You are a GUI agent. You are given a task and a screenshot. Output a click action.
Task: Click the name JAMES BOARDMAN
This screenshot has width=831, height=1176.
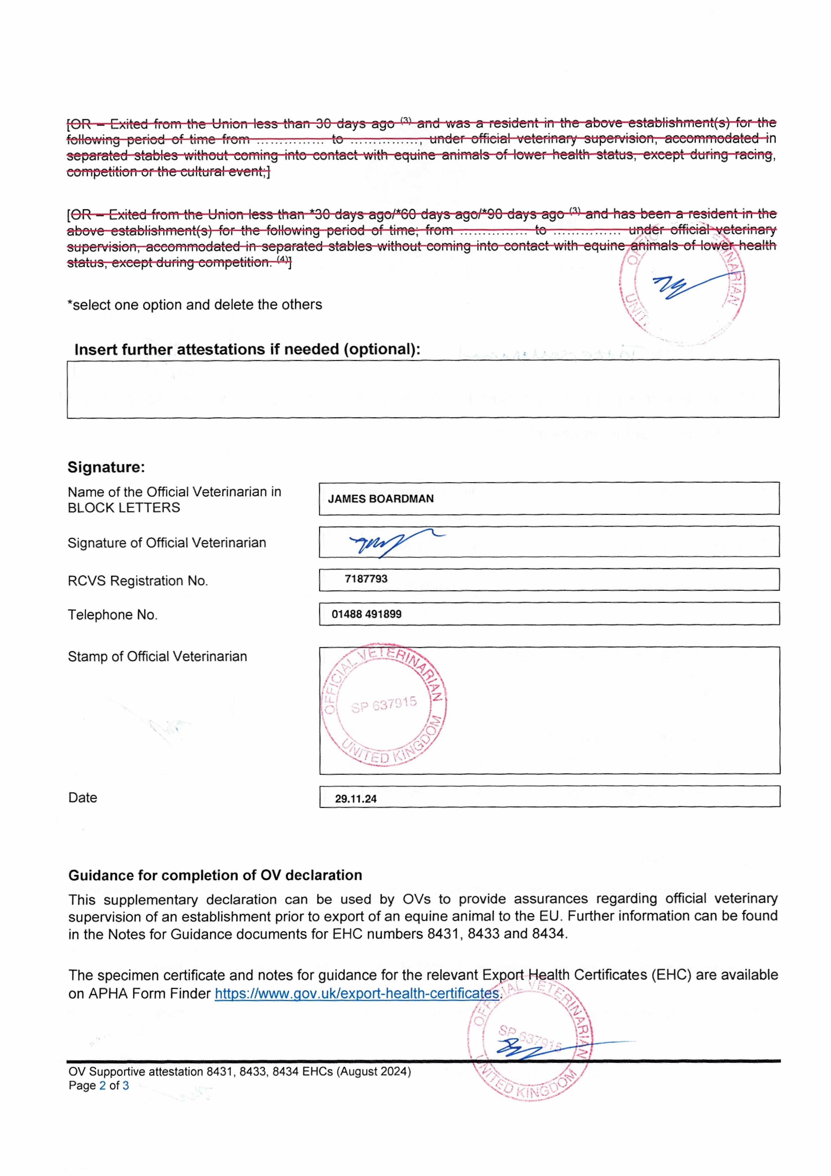tap(381, 499)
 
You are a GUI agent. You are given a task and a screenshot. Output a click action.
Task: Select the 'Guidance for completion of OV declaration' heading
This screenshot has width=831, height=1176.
tap(215, 875)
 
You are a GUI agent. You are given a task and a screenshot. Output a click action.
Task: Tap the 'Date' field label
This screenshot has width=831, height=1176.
tap(83, 798)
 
